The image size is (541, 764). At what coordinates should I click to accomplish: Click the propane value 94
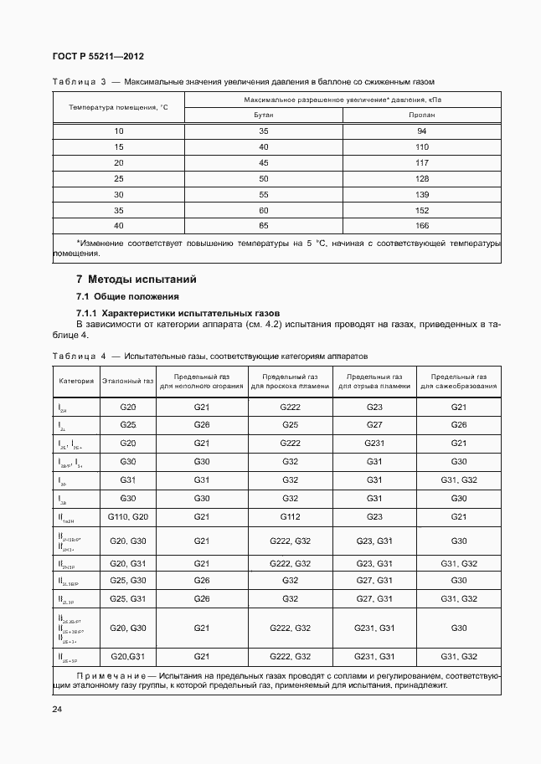[421, 131]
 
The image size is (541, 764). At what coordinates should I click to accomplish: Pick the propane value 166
[421, 226]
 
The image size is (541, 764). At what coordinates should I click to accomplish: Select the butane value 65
[264, 226]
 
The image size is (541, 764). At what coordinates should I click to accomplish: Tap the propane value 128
[421, 179]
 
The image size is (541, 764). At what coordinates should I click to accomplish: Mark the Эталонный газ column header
[127, 381]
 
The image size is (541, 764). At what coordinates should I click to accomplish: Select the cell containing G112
[290, 517]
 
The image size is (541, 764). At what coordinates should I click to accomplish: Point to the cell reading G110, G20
[127, 517]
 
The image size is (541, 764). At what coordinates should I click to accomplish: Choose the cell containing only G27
[374, 425]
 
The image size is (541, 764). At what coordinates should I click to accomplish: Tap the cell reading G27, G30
[374, 580]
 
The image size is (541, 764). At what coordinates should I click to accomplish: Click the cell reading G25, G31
[127, 599]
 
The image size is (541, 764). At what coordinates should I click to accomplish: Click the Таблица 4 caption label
[77, 356]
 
